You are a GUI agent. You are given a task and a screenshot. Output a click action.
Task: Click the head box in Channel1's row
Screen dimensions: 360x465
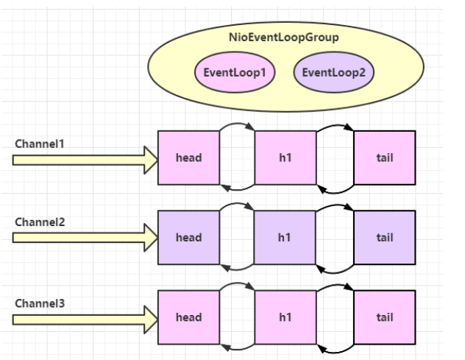(189, 158)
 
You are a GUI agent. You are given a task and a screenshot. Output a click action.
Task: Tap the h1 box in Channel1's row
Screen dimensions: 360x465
(285, 158)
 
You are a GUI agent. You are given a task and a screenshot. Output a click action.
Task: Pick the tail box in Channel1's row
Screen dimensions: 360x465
(384, 158)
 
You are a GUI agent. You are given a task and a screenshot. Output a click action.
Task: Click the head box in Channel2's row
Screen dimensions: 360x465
(189, 238)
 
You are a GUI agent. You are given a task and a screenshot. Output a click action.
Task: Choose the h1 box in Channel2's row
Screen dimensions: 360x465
(285, 238)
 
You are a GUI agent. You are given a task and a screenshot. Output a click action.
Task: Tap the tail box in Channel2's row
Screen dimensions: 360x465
(384, 238)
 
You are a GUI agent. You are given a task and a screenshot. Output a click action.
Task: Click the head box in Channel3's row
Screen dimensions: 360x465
(189, 318)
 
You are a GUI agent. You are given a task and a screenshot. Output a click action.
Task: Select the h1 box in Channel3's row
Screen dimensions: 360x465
(285, 318)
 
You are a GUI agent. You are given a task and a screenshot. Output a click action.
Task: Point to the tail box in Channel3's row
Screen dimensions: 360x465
(384, 318)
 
